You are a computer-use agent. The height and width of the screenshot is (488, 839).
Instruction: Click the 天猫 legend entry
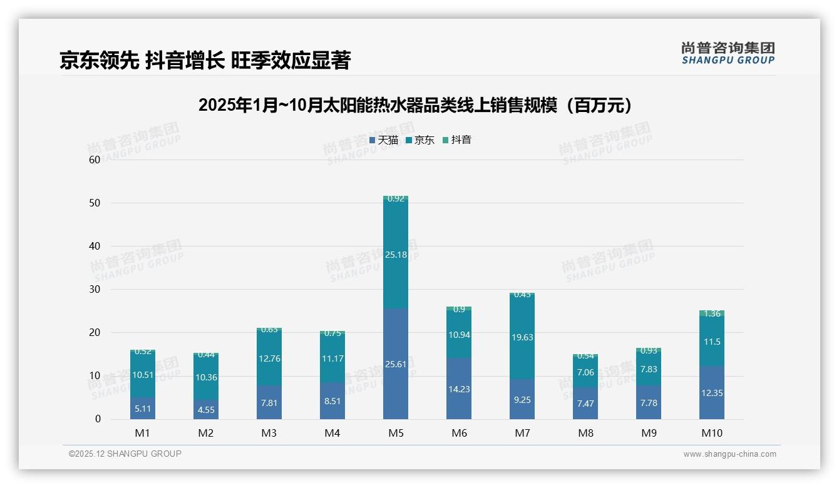pyautogui.click(x=384, y=140)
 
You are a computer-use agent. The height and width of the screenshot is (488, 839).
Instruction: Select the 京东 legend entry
pyautogui.click(x=420, y=140)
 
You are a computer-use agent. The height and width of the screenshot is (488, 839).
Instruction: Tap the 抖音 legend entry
pyautogui.click(x=457, y=140)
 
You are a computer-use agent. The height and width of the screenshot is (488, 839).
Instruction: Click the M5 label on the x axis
pyautogui.click(x=396, y=433)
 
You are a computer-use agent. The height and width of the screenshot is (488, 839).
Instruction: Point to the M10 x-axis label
pyautogui.click(x=711, y=433)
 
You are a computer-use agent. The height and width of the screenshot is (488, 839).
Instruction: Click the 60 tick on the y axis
pyautogui.click(x=95, y=160)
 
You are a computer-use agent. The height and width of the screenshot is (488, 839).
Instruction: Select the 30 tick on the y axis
pyautogui.click(x=95, y=289)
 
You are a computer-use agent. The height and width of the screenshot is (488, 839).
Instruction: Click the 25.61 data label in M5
pyautogui.click(x=396, y=363)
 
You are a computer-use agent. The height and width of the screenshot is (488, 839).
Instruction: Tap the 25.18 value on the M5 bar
pyautogui.click(x=396, y=255)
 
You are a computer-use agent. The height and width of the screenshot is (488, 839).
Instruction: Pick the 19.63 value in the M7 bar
pyautogui.click(x=522, y=337)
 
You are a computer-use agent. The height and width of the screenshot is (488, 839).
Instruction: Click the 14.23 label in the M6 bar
pyautogui.click(x=459, y=389)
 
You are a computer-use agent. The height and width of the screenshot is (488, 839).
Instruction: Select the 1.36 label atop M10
pyautogui.click(x=712, y=313)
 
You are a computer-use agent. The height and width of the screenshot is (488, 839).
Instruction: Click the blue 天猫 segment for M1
pyautogui.click(x=143, y=408)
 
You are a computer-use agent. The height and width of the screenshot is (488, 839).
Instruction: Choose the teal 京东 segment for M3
pyautogui.click(x=269, y=358)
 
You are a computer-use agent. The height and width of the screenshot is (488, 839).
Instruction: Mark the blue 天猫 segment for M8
pyautogui.click(x=585, y=403)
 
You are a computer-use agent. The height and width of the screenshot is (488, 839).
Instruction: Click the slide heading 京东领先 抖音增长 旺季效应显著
pyautogui.click(x=205, y=60)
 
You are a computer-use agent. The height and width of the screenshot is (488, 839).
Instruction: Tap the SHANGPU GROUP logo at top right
pyautogui.click(x=728, y=53)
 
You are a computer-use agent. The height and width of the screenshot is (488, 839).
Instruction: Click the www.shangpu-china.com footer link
pyautogui.click(x=729, y=454)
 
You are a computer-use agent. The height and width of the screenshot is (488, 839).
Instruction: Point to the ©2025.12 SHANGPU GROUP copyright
pyautogui.click(x=125, y=454)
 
